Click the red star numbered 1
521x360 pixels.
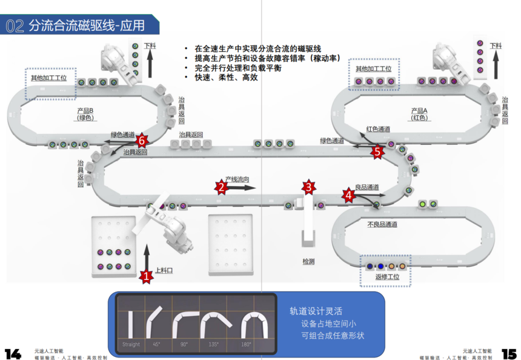tap(145, 276)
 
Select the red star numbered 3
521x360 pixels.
tap(309, 187)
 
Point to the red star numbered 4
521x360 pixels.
tap(348, 195)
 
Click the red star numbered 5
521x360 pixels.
tap(378, 152)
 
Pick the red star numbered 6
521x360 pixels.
tap(142, 140)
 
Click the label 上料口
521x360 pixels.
tap(164, 270)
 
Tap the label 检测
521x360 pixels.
tap(309, 261)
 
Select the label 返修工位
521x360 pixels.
tap(386, 277)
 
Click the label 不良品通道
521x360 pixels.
tap(382, 224)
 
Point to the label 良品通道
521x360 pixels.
tap(367, 187)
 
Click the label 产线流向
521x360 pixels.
tap(237, 179)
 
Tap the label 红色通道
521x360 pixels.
tap(379, 129)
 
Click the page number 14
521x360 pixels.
tap(13, 353)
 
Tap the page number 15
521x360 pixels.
tap(508, 353)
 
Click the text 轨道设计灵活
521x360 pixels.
tap(312, 311)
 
